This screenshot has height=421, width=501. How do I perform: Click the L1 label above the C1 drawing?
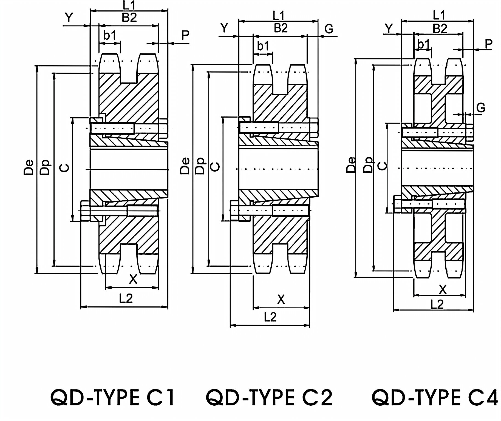pos(129,5)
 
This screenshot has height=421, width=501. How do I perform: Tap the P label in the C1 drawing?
pos(186,35)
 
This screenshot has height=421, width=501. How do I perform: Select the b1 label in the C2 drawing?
pos(263,46)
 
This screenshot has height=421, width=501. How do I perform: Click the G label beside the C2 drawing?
pos(329,29)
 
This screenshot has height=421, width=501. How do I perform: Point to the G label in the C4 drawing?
pos(481,107)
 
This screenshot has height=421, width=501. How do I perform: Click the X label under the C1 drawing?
pos(133,279)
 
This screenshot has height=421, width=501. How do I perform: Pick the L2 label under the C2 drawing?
pos(270,317)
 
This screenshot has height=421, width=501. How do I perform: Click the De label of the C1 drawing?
pos(29,167)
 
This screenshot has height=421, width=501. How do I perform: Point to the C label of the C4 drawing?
pos(382,165)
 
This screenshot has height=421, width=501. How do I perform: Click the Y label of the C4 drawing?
pos(389,28)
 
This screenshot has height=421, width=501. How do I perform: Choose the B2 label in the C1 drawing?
pos(129,18)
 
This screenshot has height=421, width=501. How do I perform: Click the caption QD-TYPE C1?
pos(112,398)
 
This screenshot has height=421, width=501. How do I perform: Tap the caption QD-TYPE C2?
pos(269,398)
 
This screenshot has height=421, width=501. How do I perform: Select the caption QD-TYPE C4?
pos(435,398)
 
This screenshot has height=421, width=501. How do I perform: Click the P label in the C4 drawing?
pos(488,44)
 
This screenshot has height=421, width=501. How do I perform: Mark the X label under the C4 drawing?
pos(443,289)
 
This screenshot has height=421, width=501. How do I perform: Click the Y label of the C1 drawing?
pos(69,18)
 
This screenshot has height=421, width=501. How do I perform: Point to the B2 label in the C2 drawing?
pos(281,28)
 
